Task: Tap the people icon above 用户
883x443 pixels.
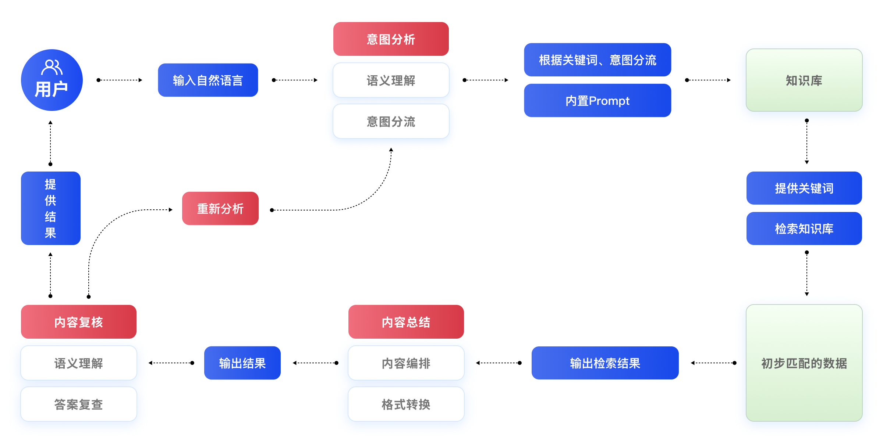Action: coord(52,67)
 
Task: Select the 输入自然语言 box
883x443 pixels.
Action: coord(208,80)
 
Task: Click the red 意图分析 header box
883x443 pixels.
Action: coord(391,39)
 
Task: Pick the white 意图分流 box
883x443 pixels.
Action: coord(391,122)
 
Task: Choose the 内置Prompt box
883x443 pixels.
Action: coord(597,101)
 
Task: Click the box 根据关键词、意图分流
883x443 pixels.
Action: coord(597,60)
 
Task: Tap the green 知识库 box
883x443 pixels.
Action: coord(804,80)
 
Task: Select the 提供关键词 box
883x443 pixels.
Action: coord(804,188)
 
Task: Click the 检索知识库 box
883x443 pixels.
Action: coord(804,228)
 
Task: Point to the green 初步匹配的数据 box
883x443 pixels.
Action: coord(804,363)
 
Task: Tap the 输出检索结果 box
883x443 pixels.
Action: coord(605,363)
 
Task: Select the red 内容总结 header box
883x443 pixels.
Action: coord(406,322)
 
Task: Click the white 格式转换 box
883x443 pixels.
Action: coord(406,404)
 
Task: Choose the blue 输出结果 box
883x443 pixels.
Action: coord(242,363)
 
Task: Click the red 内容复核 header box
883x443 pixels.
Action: coord(78,322)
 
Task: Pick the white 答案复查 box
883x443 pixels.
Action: coord(78,404)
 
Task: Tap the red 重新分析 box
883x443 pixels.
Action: coord(220,208)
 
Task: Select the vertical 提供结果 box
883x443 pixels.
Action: coord(50,208)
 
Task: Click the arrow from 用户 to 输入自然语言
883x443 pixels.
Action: coord(120,80)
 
